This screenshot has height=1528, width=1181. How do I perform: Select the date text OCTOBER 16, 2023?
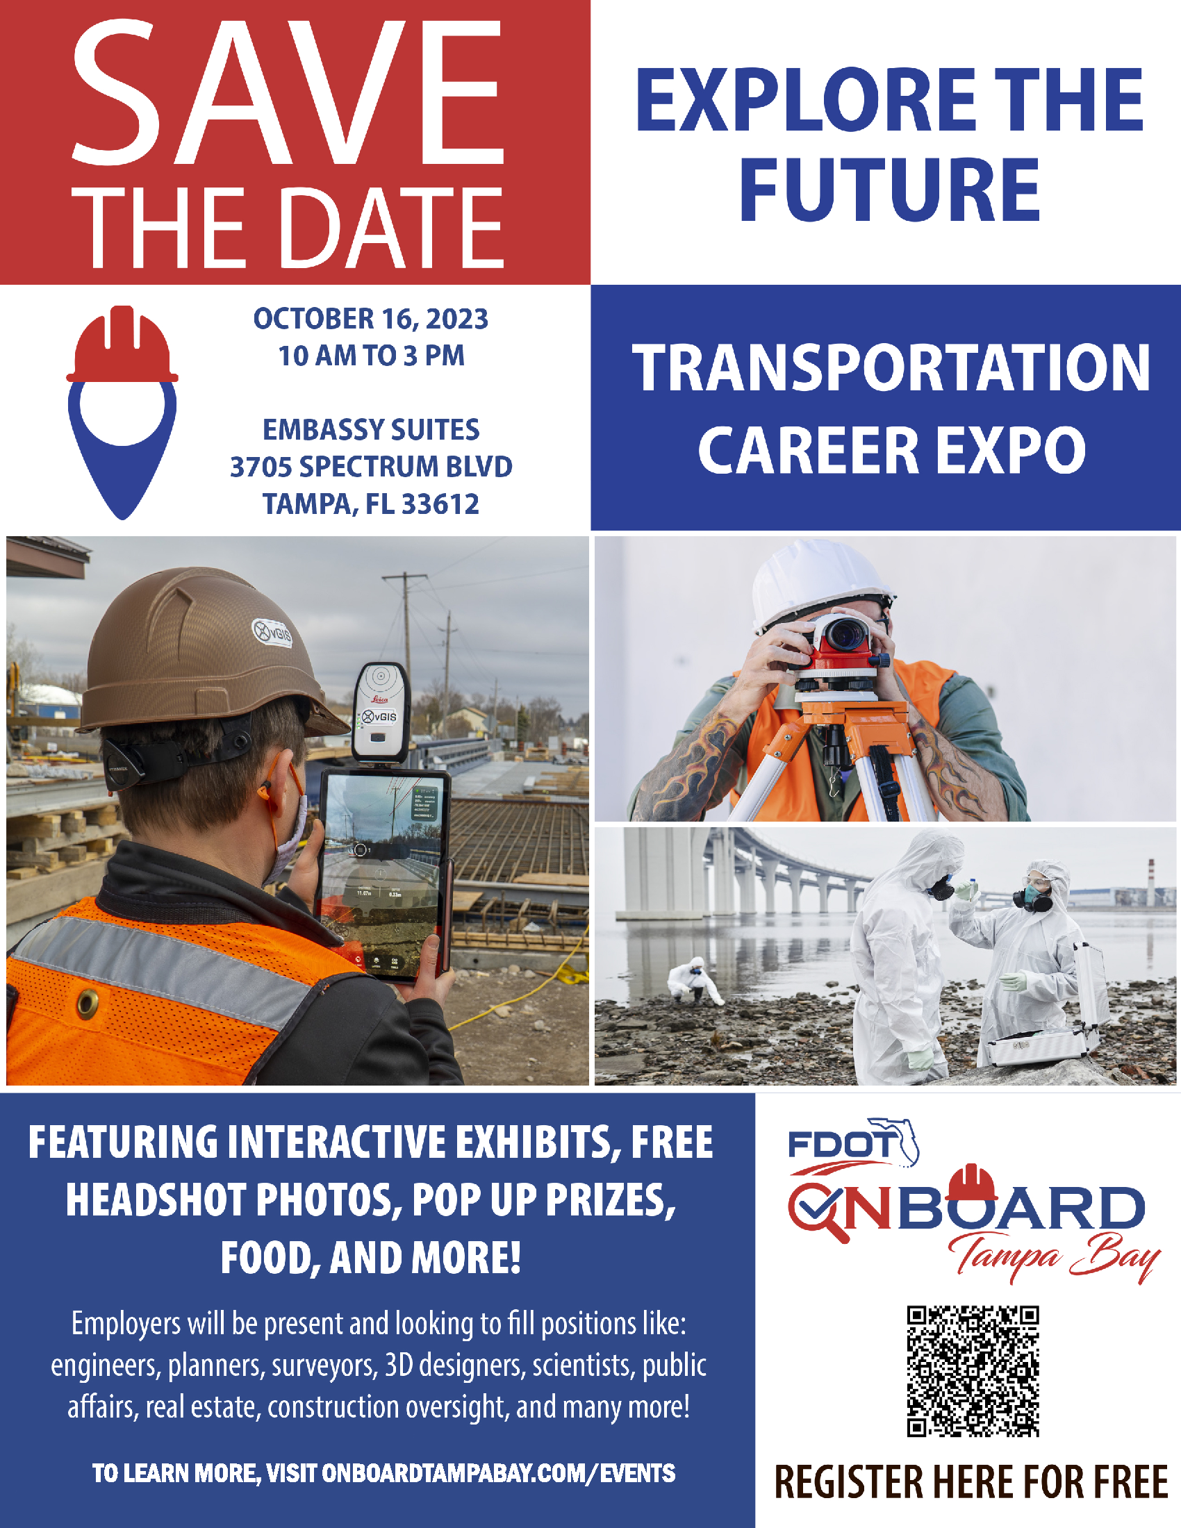pos(371,319)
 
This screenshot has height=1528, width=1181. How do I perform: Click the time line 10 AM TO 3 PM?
pos(371,356)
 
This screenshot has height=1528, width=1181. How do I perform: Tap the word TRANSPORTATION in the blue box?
pos(891,368)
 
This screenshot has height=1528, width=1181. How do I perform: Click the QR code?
pos(973,1371)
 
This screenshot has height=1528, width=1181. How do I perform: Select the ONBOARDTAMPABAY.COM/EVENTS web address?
pos(498,1473)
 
